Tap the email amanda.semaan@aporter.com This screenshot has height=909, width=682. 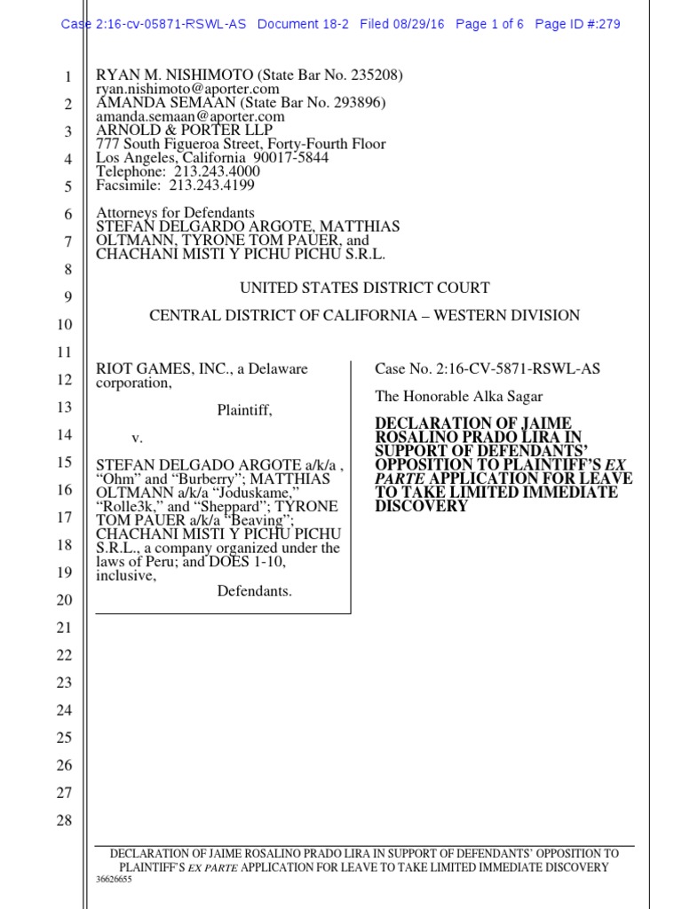190,116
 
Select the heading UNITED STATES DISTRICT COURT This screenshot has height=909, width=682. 364,289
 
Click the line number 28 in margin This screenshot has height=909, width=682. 64,820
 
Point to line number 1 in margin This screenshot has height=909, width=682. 67,78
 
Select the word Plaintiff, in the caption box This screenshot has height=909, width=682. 245,410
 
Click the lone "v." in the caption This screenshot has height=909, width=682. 137,438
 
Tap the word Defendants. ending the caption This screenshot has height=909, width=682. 254,591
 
